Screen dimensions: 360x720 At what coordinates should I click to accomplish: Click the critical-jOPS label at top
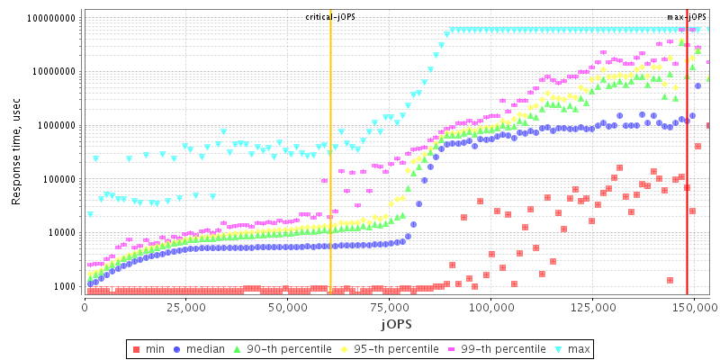(330, 17)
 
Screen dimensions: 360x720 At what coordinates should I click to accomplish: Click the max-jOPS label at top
(687, 17)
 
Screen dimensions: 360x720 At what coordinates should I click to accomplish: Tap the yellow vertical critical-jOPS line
(330, 180)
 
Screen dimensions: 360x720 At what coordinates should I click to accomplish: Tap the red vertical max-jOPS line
(687, 180)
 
